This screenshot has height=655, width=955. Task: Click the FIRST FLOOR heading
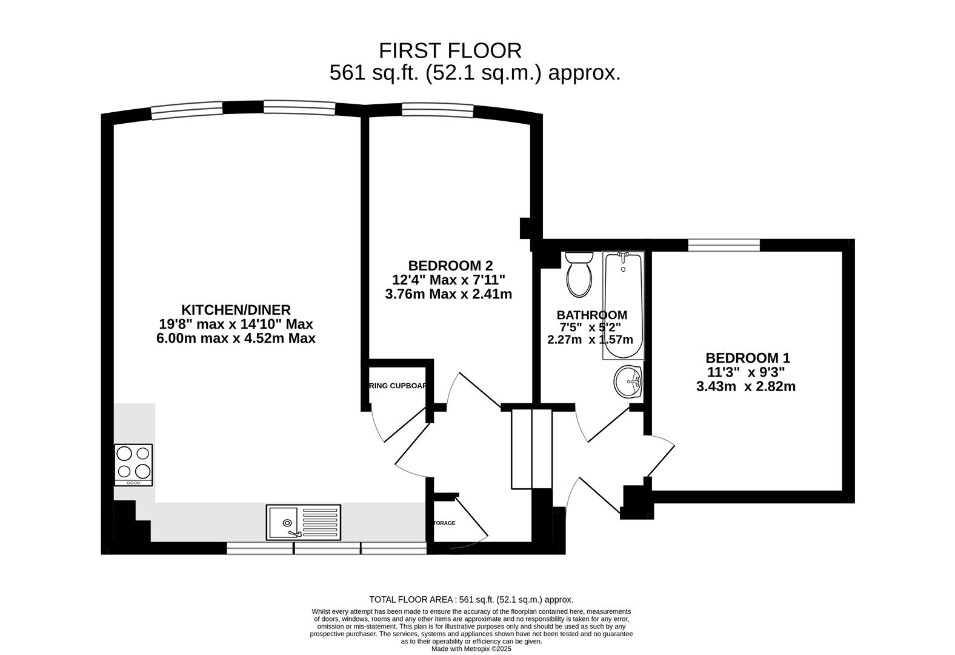[450, 50]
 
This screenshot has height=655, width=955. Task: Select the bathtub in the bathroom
[623, 306]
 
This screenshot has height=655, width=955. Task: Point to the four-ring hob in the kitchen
[133, 465]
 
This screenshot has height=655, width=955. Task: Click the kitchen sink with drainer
[304, 522]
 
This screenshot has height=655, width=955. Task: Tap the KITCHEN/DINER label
[236, 310]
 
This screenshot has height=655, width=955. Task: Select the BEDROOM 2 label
[450, 266]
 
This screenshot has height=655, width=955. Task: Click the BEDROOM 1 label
[747, 358]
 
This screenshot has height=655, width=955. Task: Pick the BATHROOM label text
[591, 315]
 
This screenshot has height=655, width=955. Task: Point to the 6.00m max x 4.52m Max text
[236, 338]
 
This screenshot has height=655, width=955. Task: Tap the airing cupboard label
[398, 386]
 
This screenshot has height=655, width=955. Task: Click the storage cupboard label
[444, 523]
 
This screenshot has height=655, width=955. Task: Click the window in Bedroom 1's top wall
[724, 245]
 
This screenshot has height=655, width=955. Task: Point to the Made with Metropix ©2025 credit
[471, 648]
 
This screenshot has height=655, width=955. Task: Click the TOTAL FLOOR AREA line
[471, 599]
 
